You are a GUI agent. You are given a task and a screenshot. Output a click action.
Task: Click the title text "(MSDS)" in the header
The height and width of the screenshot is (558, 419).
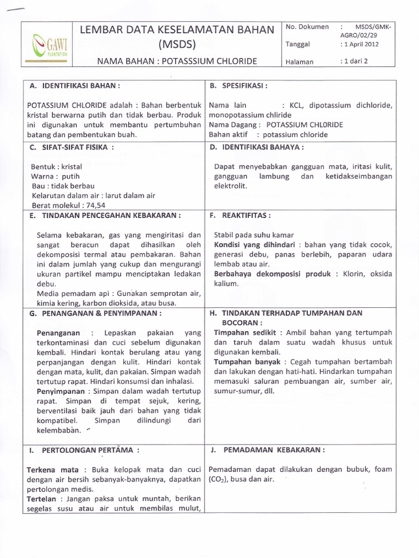(177, 44)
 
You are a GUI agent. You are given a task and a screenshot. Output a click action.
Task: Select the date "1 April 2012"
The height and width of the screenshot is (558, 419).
(360, 44)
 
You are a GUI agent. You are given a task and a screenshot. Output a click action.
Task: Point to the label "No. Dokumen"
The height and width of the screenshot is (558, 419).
(307, 27)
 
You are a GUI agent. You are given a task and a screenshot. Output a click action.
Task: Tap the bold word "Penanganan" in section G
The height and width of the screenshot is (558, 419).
(58, 332)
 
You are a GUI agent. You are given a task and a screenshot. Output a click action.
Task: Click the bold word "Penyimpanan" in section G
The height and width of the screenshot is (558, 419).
(61, 391)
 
